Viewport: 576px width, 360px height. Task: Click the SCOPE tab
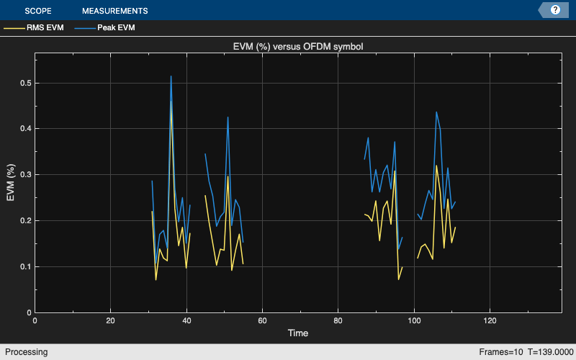pyautogui.click(x=37, y=11)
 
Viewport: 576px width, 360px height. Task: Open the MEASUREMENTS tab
pyautogui.click(x=114, y=11)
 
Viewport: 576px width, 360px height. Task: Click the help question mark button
pyautogui.click(x=555, y=10)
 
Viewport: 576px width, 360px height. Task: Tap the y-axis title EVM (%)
pyautogui.click(x=11, y=184)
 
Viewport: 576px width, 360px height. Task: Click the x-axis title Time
pyautogui.click(x=298, y=333)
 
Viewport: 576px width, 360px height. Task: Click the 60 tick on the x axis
pyautogui.click(x=262, y=320)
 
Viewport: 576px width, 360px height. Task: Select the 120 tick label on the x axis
pyautogui.click(x=490, y=320)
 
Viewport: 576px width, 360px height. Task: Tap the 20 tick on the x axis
pyautogui.click(x=110, y=320)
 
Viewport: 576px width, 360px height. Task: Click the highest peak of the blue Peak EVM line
pyautogui.click(x=171, y=76)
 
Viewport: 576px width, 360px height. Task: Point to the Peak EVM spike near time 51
pyautogui.click(x=228, y=117)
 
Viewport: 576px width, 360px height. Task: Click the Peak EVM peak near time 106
pyautogui.click(x=436, y=112)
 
